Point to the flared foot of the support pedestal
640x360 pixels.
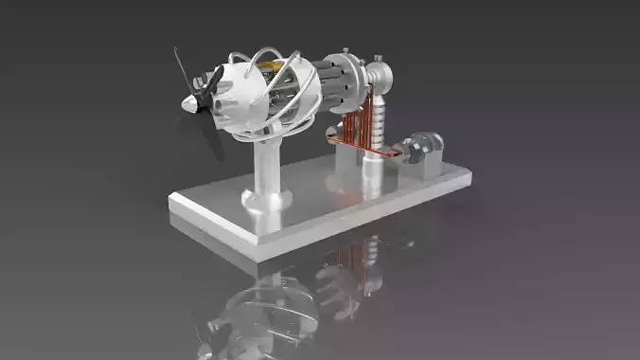click(266, 198)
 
